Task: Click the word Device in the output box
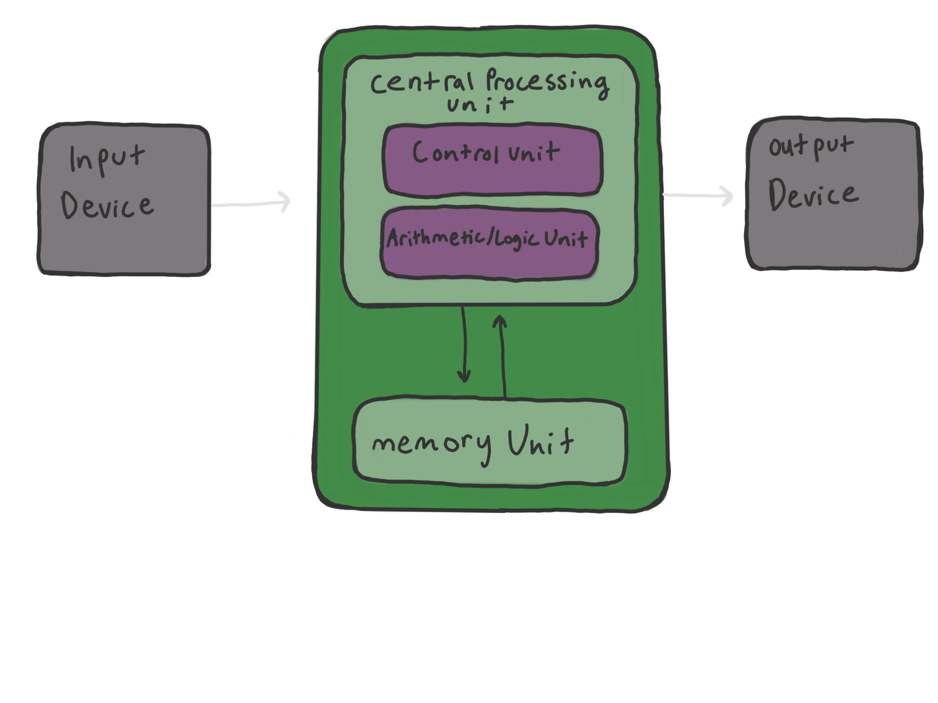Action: (813, 195)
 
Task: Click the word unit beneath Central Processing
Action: (480, 104)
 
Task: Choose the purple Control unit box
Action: (492, 178)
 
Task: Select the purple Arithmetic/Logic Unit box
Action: (489, 263)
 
